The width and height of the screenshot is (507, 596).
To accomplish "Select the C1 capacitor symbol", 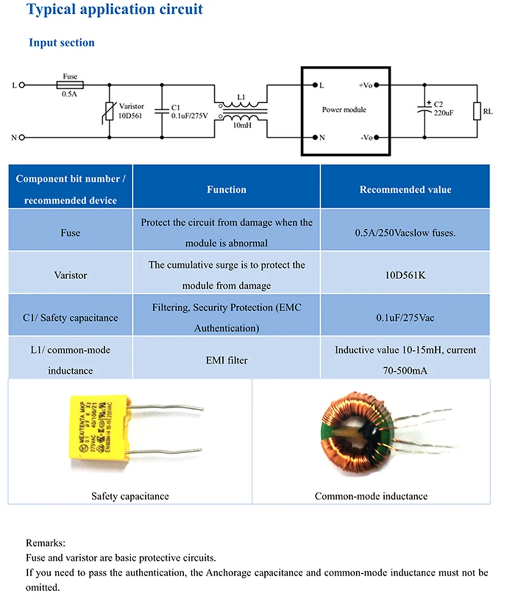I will (162, 111).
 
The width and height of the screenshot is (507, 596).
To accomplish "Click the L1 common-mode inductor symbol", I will (241, 111).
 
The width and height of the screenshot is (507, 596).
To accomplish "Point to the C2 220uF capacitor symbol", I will (423, 110).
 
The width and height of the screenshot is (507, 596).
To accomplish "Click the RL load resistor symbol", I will (476, 111).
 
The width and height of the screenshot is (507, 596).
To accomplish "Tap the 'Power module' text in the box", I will (344, 110).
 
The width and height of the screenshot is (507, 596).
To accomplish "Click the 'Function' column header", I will (226, 190).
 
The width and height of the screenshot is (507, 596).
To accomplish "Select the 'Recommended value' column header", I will (406, 190).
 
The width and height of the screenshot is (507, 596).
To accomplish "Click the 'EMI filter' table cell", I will (226, 360).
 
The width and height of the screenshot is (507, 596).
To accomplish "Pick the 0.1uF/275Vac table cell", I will (406, 318).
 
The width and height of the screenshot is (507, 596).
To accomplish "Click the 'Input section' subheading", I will (61, 42).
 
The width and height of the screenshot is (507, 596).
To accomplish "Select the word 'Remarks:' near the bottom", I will (46, 543).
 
